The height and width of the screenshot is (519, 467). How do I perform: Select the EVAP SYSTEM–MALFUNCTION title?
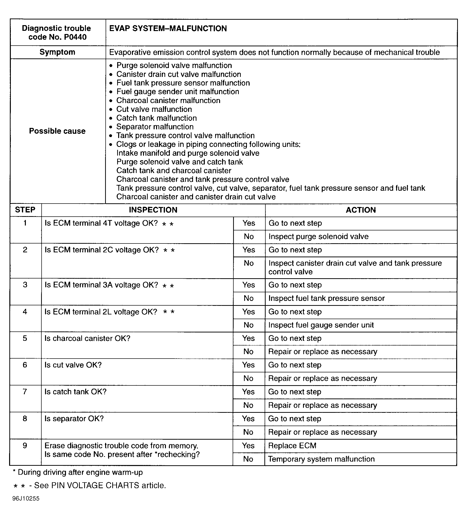[168, 29]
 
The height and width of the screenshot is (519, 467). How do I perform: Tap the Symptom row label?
[57, 52]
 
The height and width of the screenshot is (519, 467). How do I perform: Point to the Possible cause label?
[57, 131]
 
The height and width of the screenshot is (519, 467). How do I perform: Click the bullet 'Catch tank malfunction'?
[157, 118]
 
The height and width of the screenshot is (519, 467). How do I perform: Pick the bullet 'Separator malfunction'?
[155, 127]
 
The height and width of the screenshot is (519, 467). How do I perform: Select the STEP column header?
[25, 210]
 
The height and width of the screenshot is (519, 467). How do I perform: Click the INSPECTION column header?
[153, 210]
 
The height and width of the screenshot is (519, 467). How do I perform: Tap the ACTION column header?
[360, 210]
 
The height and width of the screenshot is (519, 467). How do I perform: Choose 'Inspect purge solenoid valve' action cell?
[319, 237]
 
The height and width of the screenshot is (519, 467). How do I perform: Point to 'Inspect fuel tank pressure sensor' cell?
[326, 298]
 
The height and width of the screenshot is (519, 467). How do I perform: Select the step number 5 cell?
[25, 338]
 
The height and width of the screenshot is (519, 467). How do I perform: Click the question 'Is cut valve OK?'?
[73, 365]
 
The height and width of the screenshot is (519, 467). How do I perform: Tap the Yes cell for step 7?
[248, 392]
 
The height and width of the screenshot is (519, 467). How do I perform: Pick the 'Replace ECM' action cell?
[292, 446]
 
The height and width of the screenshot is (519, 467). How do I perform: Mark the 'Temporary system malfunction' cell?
[321, 459]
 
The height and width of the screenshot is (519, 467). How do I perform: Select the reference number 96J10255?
[26, 499]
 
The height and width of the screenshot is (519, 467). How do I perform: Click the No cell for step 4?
[248, 325]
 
